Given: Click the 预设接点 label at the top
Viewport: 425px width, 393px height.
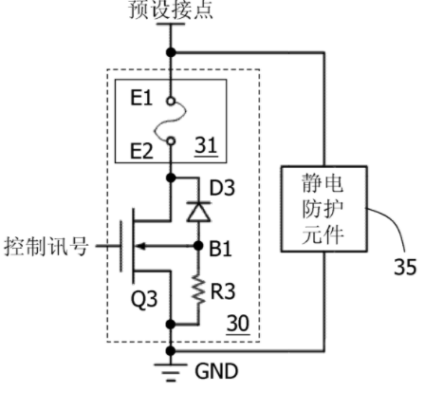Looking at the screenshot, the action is [171, 9].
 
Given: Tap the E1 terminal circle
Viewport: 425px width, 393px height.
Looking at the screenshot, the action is [171, 102].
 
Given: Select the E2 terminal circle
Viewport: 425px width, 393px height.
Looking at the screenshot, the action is [171, 140].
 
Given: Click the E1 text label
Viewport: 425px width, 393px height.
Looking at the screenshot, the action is [141, 98].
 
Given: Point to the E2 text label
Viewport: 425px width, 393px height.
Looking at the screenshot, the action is [141, 151].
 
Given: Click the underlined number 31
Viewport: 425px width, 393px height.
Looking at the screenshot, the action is [206, 145].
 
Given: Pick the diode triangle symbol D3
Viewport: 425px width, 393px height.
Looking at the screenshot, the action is [198, 212].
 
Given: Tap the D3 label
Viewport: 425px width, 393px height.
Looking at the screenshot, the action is [222, 188].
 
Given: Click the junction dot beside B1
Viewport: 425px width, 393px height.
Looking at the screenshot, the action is [198, 246].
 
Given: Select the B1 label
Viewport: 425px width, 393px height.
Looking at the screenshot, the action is [220, 249].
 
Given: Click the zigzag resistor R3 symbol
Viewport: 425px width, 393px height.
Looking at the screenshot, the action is [198, 290].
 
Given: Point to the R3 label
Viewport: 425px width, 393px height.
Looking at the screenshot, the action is [223, 291].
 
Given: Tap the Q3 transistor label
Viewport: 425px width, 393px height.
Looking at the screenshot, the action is [144, 299].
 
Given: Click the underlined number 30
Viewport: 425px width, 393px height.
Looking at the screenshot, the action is [238, 324].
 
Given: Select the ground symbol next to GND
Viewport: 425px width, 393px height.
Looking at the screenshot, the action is [171, 372].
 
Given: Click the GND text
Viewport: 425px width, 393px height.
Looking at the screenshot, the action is [216, 371].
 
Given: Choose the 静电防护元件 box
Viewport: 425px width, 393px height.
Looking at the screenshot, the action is [324, 209].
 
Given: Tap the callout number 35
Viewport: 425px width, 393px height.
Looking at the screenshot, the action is [405, 267].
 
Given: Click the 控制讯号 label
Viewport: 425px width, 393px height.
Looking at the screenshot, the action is [46, 247].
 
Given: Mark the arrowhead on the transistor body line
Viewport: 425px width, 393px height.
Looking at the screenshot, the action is [140, 246].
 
